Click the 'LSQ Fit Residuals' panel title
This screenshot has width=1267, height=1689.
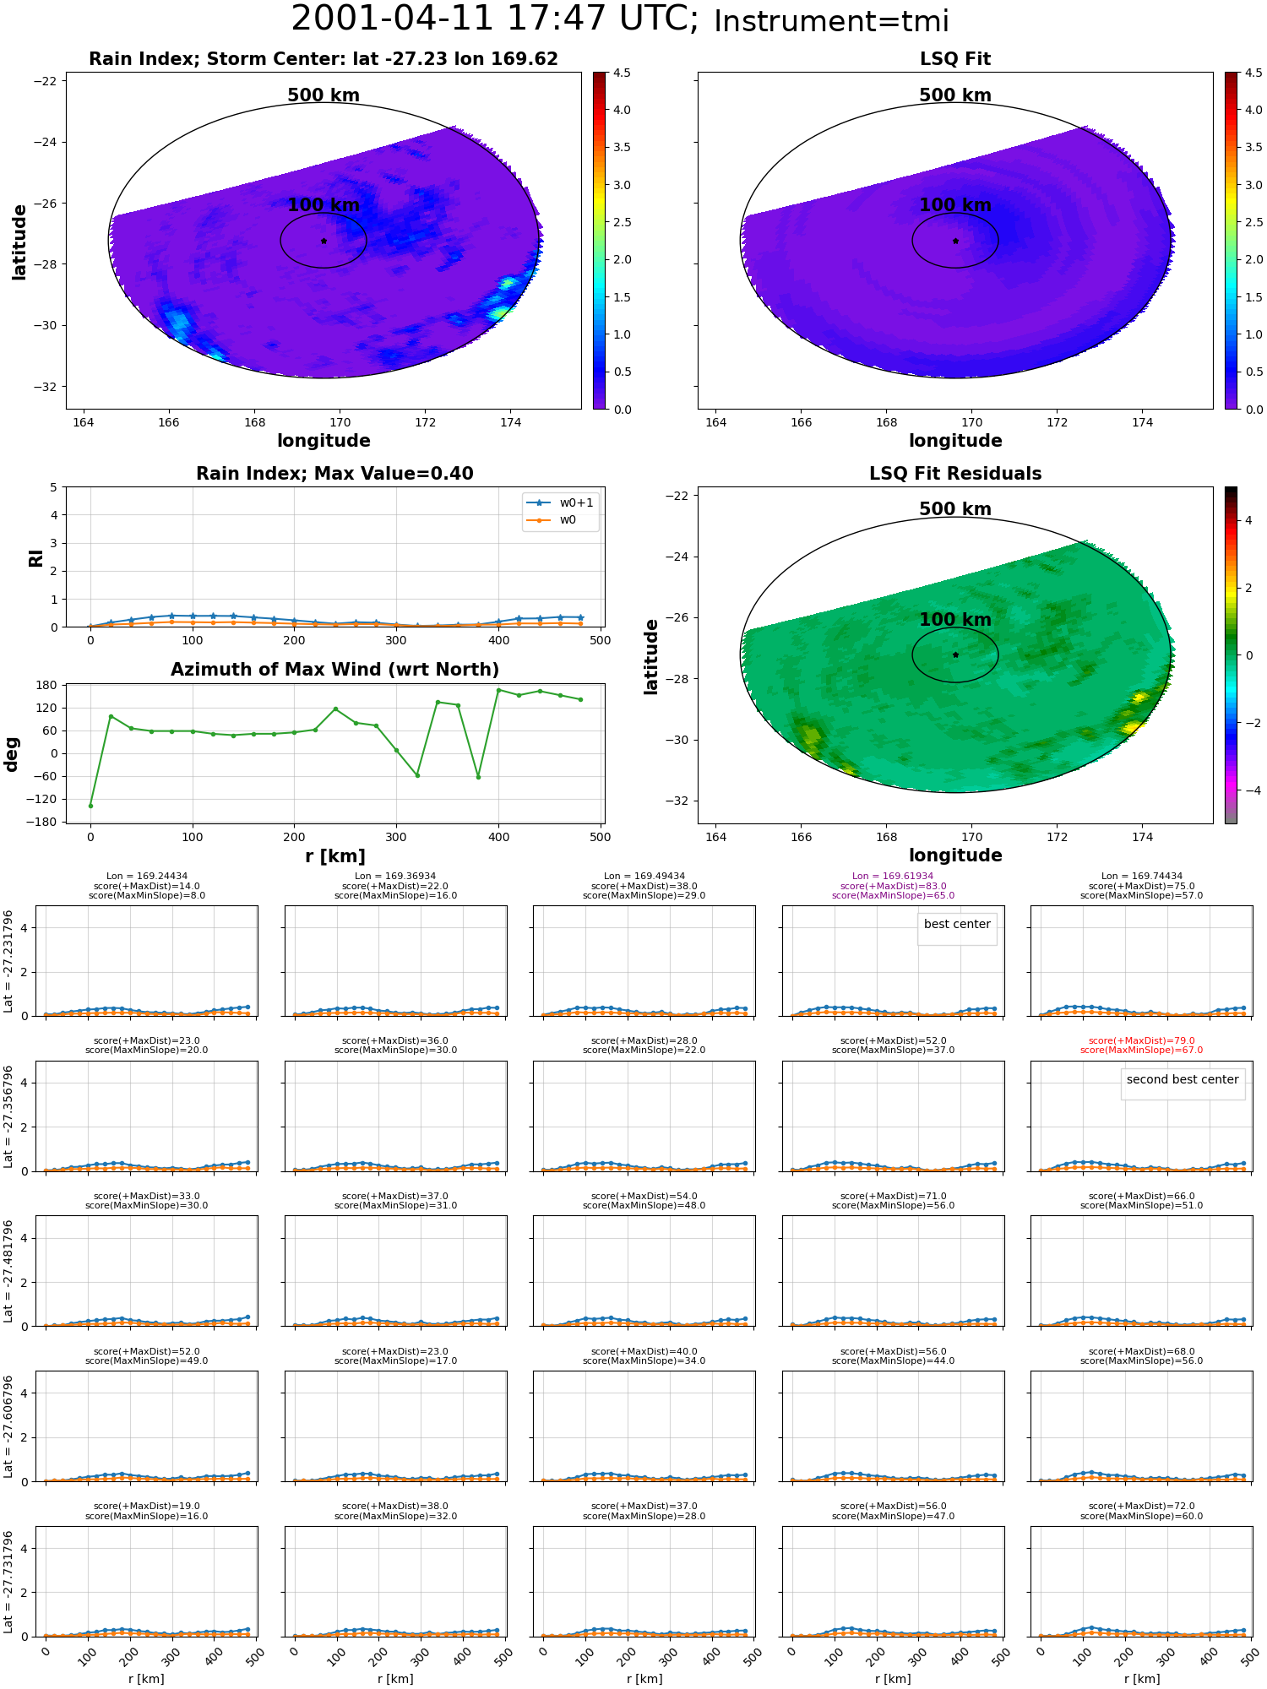click(x=955, y=474)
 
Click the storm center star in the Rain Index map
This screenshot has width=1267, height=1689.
click(x=324, y=241)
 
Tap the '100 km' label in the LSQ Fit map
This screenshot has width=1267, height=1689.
click(x=955, y=205)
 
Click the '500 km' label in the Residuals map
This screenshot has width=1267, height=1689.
click(x=955, y=509)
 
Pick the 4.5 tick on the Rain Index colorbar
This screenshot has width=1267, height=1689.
click(x=622, y=73)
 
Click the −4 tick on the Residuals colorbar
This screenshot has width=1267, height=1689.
click(x=1248, y=790)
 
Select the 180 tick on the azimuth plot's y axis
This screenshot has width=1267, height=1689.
click(x=46, y=685)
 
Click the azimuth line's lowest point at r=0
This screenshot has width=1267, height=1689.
click(x=90, y=806)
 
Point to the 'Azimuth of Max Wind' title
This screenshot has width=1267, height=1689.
click(x=334, y=670)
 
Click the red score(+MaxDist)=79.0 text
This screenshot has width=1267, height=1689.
click(x=1141, y=1041)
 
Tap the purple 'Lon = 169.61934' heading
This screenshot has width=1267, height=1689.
click(x=893, y=877)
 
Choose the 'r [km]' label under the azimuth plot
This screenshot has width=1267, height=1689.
click(x=335, y=856)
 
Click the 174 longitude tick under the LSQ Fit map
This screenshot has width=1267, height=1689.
click(x=1142, y=422)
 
